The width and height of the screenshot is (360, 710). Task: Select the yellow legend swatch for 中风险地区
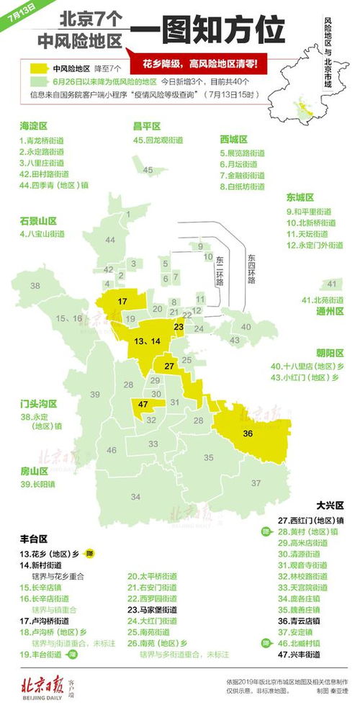click(39, 69)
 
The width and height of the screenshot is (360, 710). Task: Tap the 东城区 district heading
click(300, 197)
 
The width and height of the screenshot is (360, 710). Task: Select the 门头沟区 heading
click(38, 404)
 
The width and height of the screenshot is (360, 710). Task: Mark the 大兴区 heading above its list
click(330, 505)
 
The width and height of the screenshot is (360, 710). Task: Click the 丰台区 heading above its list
click(33, 538)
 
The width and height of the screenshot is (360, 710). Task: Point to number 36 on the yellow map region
click(248, 433)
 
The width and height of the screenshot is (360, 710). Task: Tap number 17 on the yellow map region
click(122, 300)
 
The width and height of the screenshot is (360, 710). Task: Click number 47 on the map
click(143, 405)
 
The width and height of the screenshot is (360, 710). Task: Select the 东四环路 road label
click(251, 269)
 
